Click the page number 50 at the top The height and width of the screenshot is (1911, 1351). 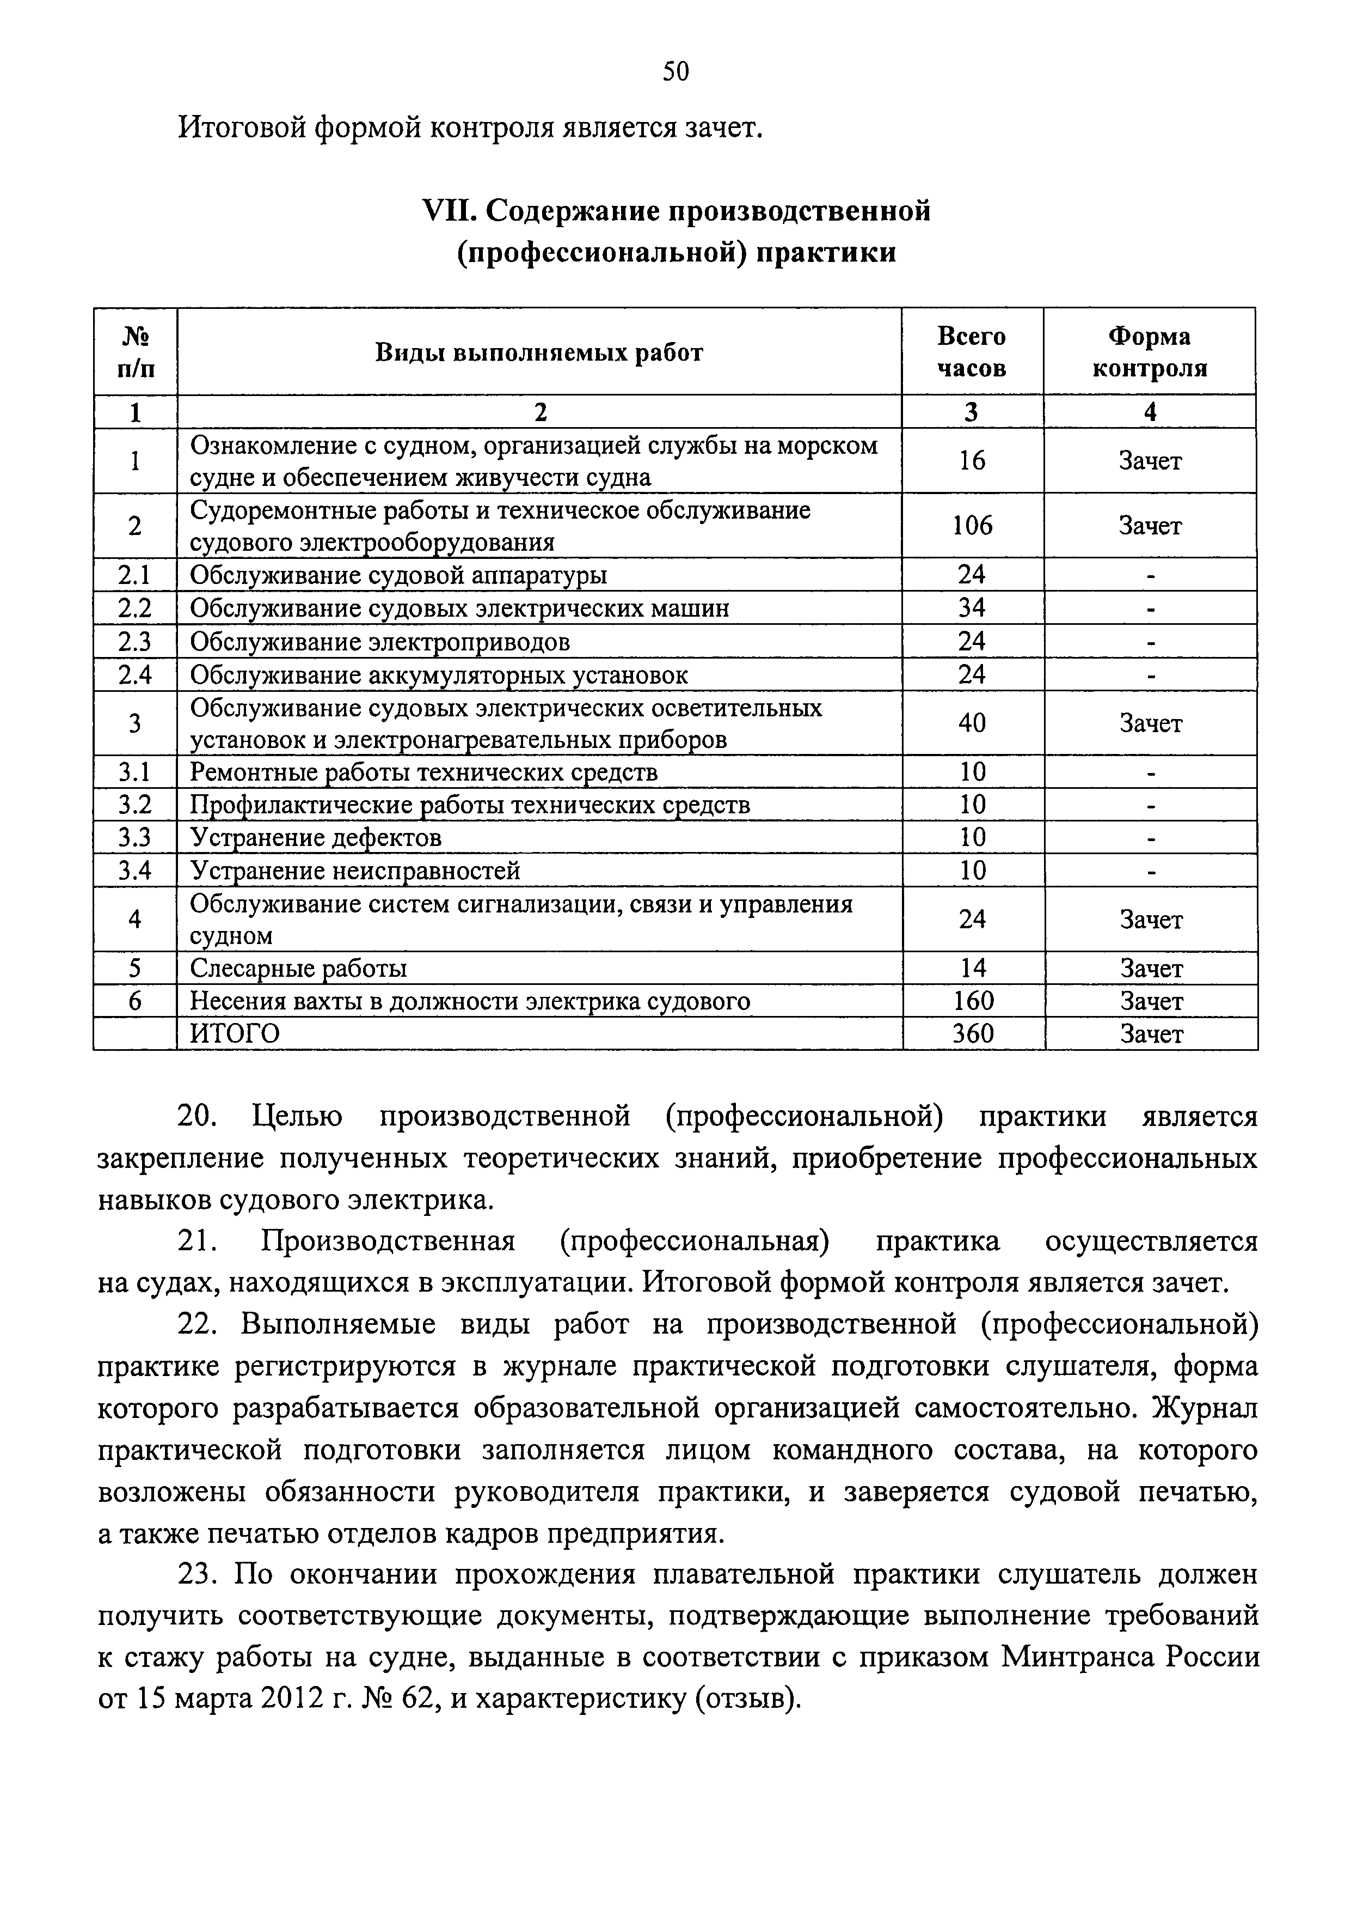[x=675, y=73]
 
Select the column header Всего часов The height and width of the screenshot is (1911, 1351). [x=972, y=351]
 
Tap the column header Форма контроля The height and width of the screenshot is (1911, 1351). [x=1149, y=351]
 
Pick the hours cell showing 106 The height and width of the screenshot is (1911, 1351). [x=972, y=526]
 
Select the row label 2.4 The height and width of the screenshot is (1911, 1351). [x=135, y=675]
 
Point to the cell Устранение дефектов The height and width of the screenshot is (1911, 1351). [x=316, y=837]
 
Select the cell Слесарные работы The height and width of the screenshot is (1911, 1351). [x=299, y=969]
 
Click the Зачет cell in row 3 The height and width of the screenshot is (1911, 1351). [x=1150, y=724]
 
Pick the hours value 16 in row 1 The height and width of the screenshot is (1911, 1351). [x=972, y=461]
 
